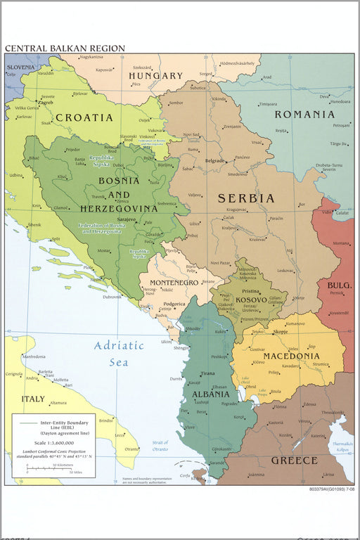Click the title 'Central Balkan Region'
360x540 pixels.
pyautogui.click(x=65, y=49)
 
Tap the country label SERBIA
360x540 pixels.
pyautogui.click(x=246, y=198)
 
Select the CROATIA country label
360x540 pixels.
pyautogui.click(x=84, y=117)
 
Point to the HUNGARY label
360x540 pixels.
pyautogui.click(x=155, y=75)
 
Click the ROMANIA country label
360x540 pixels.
pyautogui.click(x=304, y=114)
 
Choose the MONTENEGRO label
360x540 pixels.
pyautogui.click(x=169, y=282)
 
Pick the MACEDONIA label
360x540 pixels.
pyautogui.click(x=291, y=356)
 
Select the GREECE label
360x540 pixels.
pyautogui.click(x=295, y=461)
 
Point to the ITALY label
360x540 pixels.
pyautogui.click(x=32, y=399)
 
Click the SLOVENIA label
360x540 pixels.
pyautogui.click(x=20, y=67)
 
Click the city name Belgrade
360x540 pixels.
pyautogui.click(x=214, y=161)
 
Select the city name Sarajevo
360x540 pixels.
pyautogui.click(x=126, y=219)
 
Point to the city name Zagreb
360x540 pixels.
pyautogui.click(x=46, y=103)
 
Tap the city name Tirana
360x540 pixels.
pyautogui.click(x=207, y=373)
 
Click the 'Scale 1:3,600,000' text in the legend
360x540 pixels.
pyautogui.click(x=53, y=442)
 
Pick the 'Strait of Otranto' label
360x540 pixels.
pyautogui.click(x=160, y=445)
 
